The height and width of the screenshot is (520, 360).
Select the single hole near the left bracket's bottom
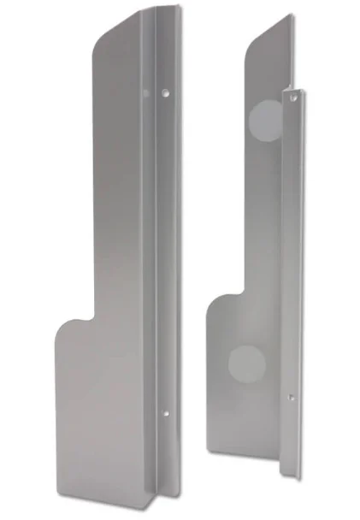[x=166, y=413]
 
